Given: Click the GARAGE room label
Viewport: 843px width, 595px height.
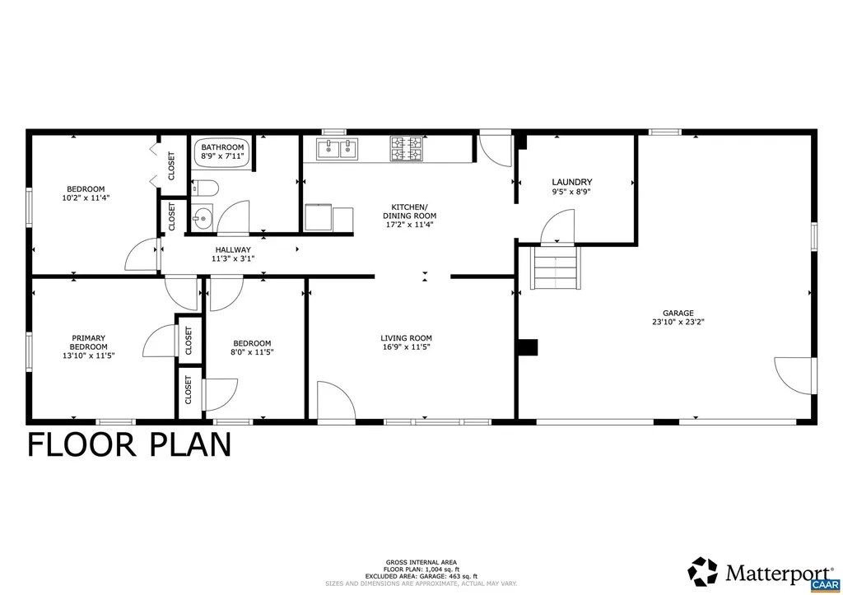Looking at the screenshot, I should click(678, 313).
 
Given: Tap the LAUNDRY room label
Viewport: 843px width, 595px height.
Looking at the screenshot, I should click(572, 182).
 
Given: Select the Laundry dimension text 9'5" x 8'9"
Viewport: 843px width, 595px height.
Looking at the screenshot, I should click(572, 192).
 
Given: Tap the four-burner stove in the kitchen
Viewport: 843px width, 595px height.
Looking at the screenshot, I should click(406, 148).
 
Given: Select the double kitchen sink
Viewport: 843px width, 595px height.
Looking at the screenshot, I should click(338, 148).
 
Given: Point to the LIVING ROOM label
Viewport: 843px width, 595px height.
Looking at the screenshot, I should click(406, 337).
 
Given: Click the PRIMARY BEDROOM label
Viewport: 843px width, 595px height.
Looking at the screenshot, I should click(88, 342).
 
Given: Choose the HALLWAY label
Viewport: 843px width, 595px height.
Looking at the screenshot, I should click(233, 249).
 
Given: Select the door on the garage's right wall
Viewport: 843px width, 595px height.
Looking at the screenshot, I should click(794, 376).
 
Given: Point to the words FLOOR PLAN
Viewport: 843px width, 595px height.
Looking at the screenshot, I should click(129, 444).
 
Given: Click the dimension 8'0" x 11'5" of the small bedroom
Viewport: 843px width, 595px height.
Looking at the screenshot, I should click(252, 352).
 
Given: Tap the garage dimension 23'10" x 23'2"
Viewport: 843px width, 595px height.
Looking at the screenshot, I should click(678, 323).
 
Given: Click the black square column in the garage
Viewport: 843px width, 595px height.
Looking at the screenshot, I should click(528, 347).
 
